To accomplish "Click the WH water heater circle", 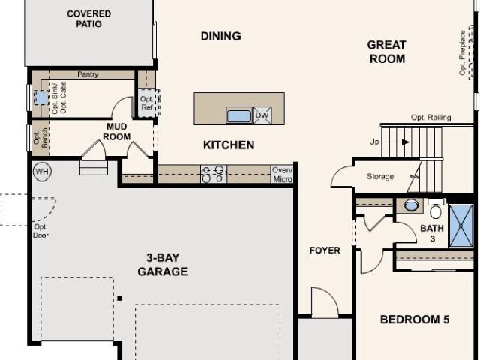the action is coord(42,172).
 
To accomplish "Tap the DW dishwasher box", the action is coord(262,115).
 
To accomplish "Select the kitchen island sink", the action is coord(239,115).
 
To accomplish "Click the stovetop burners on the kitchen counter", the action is coord(214,174).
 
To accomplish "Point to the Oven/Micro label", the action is coord(282,175).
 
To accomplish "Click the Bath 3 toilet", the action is coord(435,208).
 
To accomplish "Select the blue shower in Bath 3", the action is coord(461,226).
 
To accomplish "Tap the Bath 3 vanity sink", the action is coord(411,205).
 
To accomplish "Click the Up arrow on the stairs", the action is coord(395,142).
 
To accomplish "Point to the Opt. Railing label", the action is coord(430,118).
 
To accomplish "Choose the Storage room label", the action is coord(380,177).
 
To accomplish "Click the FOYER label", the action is coord(325,250).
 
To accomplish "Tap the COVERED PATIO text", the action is coord(88,19).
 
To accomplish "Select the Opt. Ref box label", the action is coord(147,103).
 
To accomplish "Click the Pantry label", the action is coord(88,74).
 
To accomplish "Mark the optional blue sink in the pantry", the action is coord(40,98).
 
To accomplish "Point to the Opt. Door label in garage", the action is coord(40,231).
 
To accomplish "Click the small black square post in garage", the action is coord(120,298).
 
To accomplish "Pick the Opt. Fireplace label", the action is coord(462,52).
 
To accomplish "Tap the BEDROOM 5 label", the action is coord(415,319).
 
